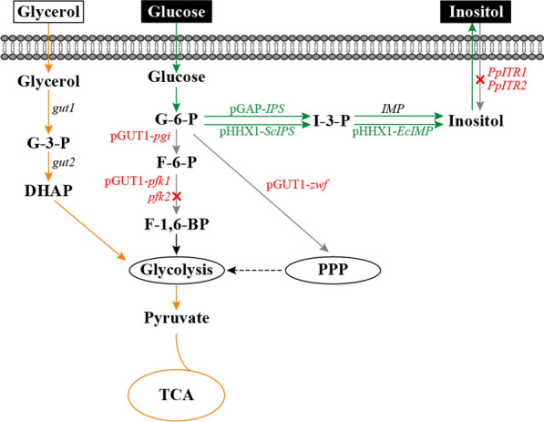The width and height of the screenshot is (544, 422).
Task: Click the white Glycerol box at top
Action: (42, 13)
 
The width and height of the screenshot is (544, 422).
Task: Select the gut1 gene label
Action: (64, 108)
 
